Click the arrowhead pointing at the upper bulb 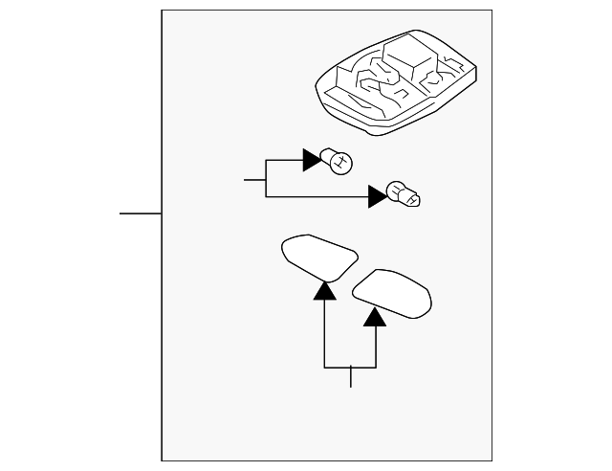[x=313, y=160]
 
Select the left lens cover [x=318, y=257]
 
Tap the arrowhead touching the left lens [x=325, y=291]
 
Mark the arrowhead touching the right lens [x=376, y=317]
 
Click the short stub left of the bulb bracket [x=254, y=179]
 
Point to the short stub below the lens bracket [x=351, y=377]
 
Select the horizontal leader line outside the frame [x=141, y=213]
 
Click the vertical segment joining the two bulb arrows [x=265, y=179]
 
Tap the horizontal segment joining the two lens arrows [x=350, y=368]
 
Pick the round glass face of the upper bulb [x=343, y=162]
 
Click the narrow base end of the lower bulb [x=418, y=200]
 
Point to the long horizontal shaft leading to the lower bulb [x=316, y=197]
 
